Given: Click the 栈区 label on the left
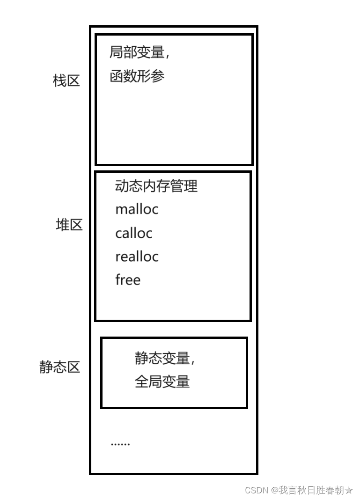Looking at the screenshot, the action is coord(66,81).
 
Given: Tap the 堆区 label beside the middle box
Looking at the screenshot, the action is coord(69,225).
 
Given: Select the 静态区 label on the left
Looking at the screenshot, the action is coord(59,367).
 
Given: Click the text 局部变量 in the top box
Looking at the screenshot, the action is coord(137,52).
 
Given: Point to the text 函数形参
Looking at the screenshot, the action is coord(137,76).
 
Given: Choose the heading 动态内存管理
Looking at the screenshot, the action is coord(156,186).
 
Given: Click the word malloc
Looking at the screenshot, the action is coord(137,209).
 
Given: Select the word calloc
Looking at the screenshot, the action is coord(134,233).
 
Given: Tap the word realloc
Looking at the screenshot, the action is coord(137,257).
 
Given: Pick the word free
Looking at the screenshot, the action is coord(128,280).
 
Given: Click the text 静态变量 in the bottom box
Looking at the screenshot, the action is coord(162,359).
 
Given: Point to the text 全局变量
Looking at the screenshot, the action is coord(162,382).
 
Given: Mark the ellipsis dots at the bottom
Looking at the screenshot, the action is coord(120,444).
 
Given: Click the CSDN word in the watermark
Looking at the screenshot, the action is coord(256,490).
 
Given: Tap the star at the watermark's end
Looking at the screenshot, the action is coord(349,490).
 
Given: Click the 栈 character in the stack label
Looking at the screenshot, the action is coord(59,81).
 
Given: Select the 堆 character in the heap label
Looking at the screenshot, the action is coord(62,225).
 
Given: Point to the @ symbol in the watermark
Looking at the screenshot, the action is coord(274,490).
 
